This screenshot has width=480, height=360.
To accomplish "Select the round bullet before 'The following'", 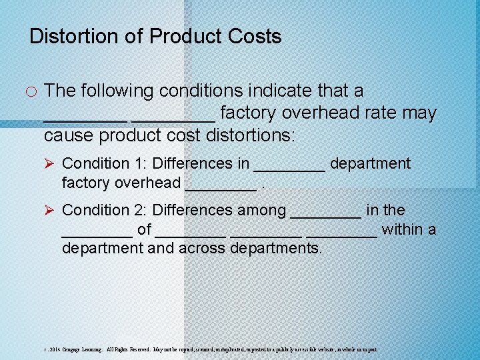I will pos(32,91).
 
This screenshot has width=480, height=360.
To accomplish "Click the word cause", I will pos(69,135).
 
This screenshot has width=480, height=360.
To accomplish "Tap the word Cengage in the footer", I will pos(73,349).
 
